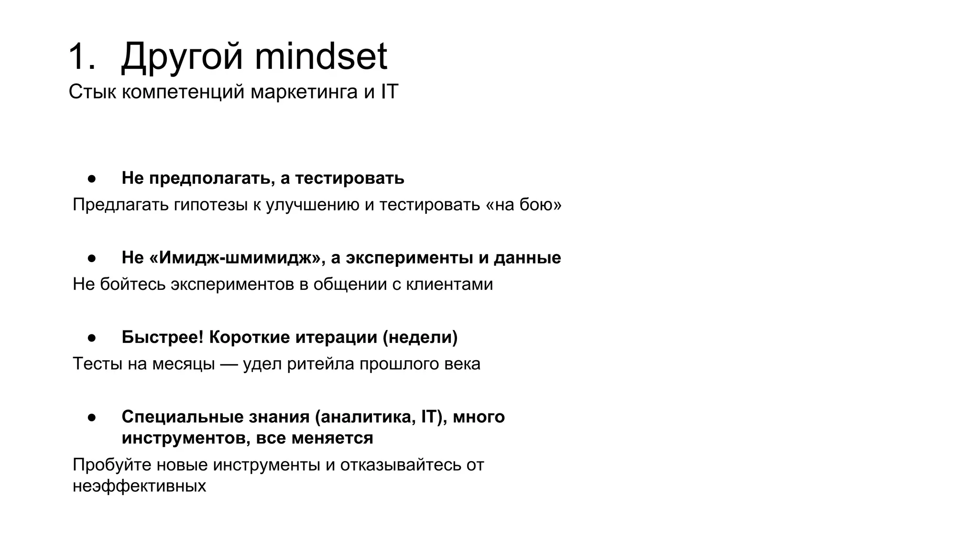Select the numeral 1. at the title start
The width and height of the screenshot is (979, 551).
[x=82, y=57]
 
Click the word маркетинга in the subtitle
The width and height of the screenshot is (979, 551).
[x=304, y=91]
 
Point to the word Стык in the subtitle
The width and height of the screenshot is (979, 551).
[x=92, y=91]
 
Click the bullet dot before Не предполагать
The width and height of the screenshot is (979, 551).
[x=92, y=178]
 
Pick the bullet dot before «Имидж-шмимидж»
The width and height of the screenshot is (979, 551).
[x=92, y=258]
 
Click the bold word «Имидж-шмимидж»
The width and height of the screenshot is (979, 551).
[x=237, y=258]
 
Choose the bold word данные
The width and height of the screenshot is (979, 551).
[x=527, y=258]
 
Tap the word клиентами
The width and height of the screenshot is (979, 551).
[x=449, y=284]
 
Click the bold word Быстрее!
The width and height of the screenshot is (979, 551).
[x=163, y=337]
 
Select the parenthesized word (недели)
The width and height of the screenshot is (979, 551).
[x=420, y=337]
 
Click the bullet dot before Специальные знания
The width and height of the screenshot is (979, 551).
[x=92, y=418]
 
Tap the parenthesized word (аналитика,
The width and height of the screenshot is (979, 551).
[x=365, y=417]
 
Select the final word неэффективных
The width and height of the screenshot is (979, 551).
[x=139, y=486]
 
